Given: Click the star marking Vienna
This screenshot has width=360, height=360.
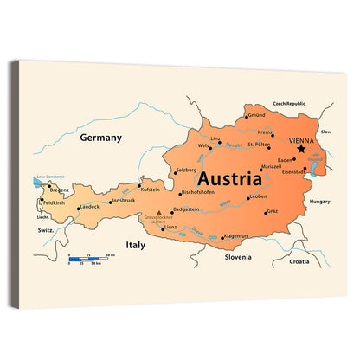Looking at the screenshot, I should coord(300,149).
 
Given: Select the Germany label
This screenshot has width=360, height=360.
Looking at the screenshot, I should coord(100,137).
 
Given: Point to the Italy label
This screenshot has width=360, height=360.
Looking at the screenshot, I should coord(136,245).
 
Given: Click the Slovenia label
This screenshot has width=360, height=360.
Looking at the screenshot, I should coord(237,257).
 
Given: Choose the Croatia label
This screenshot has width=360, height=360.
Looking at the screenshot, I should coord(299,260).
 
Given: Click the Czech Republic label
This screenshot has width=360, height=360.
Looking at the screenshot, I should coord(290,103).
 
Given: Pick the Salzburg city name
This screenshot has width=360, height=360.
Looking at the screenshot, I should coord(186,170).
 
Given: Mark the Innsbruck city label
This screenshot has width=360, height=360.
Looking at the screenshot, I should coord(124,200).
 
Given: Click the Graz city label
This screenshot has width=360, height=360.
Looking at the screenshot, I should coord(272,211).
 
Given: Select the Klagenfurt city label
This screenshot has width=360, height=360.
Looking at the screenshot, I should coord(236,235).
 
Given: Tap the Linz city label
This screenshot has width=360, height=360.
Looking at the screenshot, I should coord(215,138).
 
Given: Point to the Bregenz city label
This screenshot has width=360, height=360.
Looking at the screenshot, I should coord(59,189).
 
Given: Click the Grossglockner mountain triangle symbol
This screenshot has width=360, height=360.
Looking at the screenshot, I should coord(157,211).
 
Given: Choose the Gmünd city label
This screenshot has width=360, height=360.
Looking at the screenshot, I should coord(256,115).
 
